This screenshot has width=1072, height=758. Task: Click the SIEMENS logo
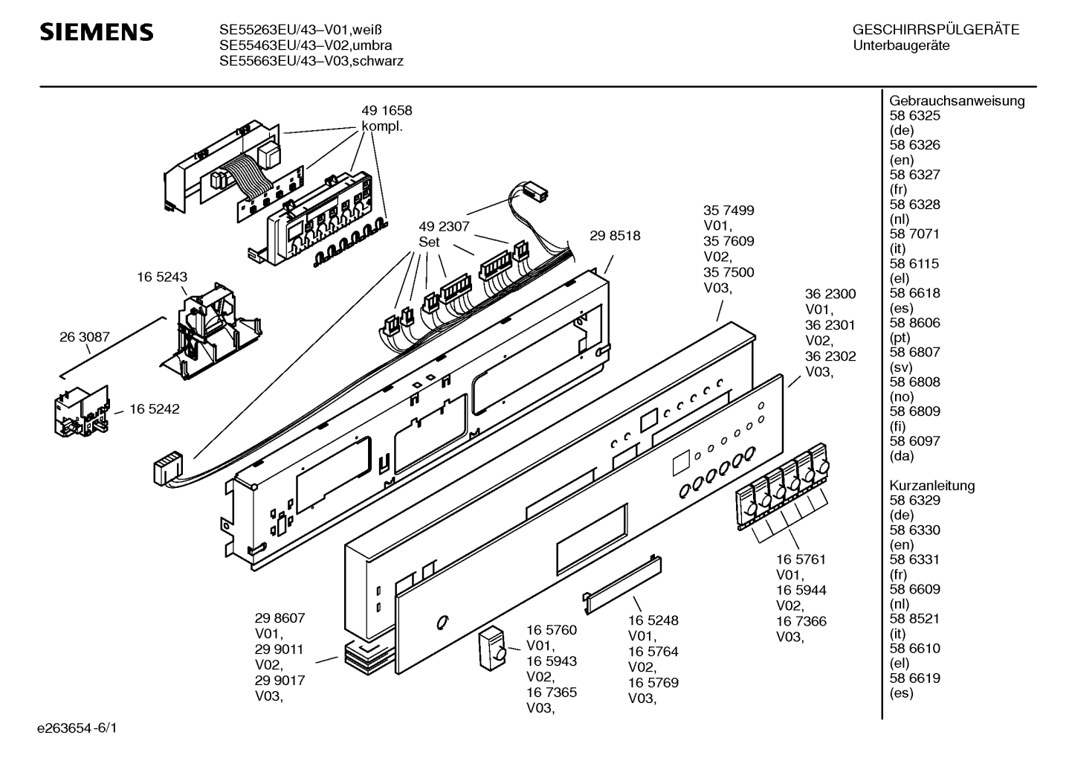click(x=96, y=32)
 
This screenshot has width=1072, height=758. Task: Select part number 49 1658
click(x=386, y=111)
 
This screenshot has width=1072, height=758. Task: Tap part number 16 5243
click(x=161, y=277)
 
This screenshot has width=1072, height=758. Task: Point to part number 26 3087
click(x=84, y=337)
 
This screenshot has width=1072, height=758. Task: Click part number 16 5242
click(x=154, y=409)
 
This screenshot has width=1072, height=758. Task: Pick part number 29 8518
click(x=615, y=236)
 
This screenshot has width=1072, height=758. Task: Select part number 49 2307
click(x=443, y=227)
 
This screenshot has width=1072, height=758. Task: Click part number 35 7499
click(x=728, y=211)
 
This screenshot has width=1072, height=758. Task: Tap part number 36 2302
click(x=830, y=356)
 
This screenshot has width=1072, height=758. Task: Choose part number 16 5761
click(x=801, y=559)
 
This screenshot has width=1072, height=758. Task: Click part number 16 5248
click(x=653, y=620)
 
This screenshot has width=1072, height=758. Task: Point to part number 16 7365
click(x=551, y=693)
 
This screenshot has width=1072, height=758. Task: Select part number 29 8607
click(x=280, y=617)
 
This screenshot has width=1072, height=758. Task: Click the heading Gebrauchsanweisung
click(x=957, y=101)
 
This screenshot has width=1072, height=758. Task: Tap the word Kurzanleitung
click(x=931, y=486)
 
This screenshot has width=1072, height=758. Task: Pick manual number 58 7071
click(x=914, y=234)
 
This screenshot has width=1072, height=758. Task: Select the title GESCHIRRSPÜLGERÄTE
click(x=935, y=30)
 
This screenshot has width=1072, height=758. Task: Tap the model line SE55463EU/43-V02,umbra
click(x=306, y=45)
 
